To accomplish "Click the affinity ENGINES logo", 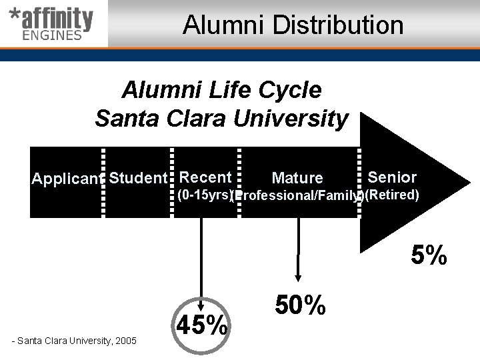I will [x=51, y=25].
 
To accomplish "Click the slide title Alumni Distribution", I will [x=293, y=25].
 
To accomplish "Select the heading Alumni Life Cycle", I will [x=221, y=89].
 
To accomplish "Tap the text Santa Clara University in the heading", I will [x=221, y=119].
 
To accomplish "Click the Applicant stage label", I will [x=66, y=179].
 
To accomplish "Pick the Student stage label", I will [x=137, y=178].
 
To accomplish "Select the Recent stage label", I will [x=205, y=177].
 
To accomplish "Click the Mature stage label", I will [x=297, y=178].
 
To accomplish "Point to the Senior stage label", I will [x=392, y=177].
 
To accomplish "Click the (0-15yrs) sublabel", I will [x=204, y=195].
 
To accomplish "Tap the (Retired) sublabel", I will [x=392, y=195].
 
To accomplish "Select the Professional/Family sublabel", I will [x=298, y=196].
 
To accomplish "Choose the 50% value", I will [x=300, y=305].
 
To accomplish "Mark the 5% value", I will [x=429, y=255].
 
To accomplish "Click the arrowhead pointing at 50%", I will [x=298, y=278].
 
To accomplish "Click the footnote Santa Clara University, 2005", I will [x=75, y=341].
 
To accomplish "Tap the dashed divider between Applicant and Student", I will [x=103, y=182].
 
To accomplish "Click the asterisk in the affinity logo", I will [x=13, y=16].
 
